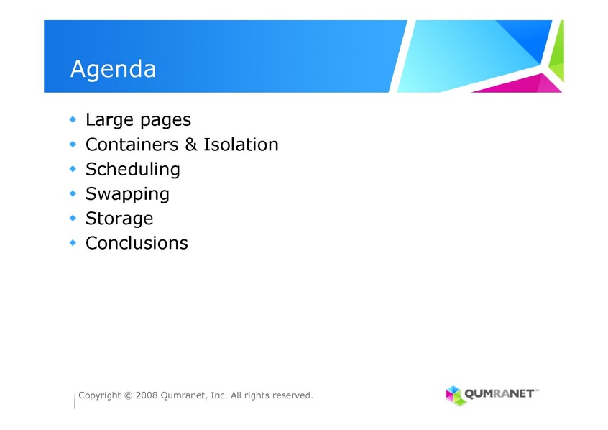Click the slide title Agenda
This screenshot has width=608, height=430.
point(114,70)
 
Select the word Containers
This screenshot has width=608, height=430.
point(132,145)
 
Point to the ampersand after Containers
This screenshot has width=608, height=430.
point(190,145)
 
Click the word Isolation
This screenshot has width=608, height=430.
point(241,145)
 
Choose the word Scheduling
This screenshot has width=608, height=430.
point(133,170)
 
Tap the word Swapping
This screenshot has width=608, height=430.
point(128,194)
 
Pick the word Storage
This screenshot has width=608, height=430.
point(119,219)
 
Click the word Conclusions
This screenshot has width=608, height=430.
point(137,243)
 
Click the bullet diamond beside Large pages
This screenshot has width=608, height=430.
point(73,119)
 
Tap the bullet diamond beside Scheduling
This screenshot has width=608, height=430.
point(73,169)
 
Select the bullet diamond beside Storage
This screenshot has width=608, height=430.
point(73,218)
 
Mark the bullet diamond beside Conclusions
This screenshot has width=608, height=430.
point(73,243)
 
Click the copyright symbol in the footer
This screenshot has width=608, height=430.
point(129,395)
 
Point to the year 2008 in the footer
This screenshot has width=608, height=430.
point(147,395)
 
